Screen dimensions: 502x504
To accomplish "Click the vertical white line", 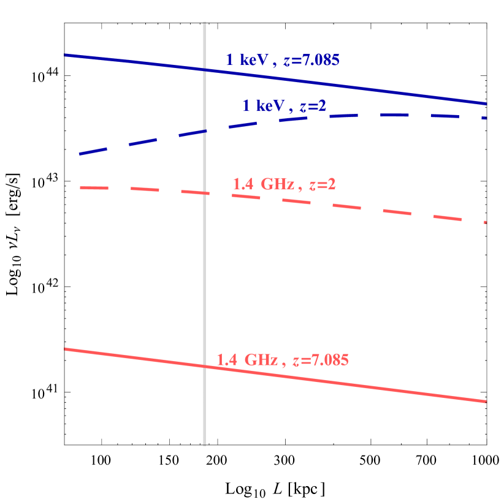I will click(x=204, y=275).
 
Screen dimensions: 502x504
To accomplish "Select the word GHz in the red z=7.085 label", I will click(x=261, y=361).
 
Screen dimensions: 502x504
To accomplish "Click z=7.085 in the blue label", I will click(x=311, y=61).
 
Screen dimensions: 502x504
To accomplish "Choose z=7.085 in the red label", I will click(x=320, y=361).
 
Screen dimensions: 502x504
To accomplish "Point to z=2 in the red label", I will click(x=322, y=184).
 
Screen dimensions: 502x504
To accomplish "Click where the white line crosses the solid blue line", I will click(x=204, y=70).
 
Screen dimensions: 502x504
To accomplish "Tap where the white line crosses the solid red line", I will click(x=204, y=366).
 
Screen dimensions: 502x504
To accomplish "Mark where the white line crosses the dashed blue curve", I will click(x=204, y=131).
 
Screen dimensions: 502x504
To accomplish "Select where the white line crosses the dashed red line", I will click(x=204, y=193).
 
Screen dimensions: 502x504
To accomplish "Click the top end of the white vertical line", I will click(x=204, y=23).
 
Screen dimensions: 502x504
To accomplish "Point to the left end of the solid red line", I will click(x=65, y=349).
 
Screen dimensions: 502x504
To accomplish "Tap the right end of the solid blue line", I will click(x=486, y=103).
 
